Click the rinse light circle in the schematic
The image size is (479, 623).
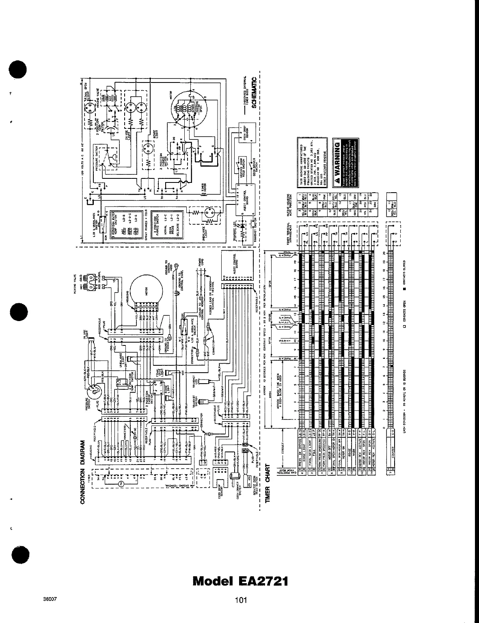click(147, 151)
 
